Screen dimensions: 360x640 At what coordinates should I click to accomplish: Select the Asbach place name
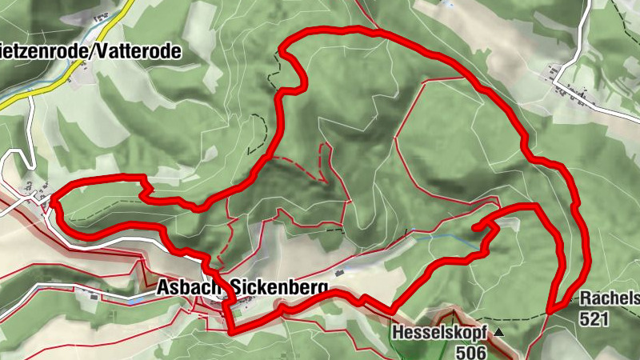[190, 286]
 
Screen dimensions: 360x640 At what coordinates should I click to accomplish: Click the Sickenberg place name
[279, 286]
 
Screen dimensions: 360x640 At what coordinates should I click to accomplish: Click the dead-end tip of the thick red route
[475, 230]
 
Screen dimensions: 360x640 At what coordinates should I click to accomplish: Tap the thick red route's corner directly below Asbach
[231, 330]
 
